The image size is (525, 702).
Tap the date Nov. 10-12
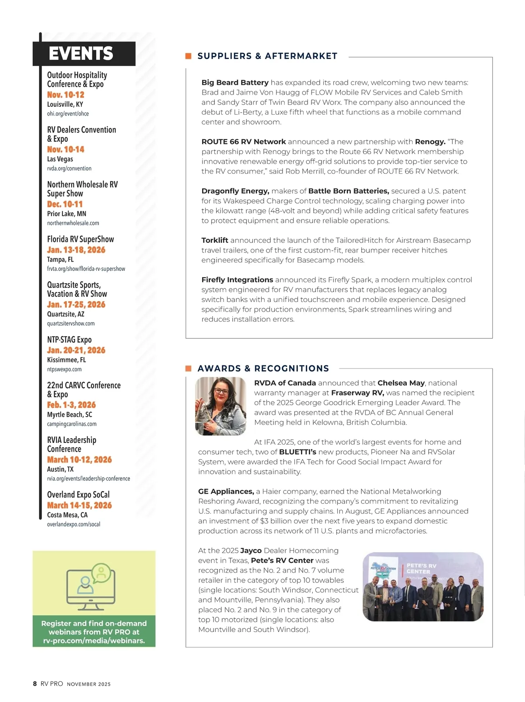pos(66,95)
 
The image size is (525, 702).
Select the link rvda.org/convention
pos(69,168)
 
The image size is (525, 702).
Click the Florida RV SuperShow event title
pos(80,239)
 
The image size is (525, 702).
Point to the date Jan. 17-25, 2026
pos(76,305)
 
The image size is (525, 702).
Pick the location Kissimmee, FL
pos(66,360)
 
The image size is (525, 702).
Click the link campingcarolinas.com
pos(72,424)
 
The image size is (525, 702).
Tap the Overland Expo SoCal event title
pos(78,495)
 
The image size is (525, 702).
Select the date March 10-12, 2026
pos(79,460)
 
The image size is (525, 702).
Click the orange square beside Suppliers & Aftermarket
pos(189,56)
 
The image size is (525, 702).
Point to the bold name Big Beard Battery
pos(235,82)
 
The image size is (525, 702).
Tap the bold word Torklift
pos(215,240)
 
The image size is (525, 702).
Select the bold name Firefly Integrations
pos(237,280)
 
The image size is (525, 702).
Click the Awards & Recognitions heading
pos(263,369)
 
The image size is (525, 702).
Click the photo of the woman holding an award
pos(220,406)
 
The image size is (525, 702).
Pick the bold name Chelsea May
pos(401,383)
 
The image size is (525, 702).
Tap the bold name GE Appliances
pos(226,491)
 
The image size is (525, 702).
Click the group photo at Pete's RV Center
pos(423,586)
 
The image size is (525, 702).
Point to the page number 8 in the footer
pos(35,684)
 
